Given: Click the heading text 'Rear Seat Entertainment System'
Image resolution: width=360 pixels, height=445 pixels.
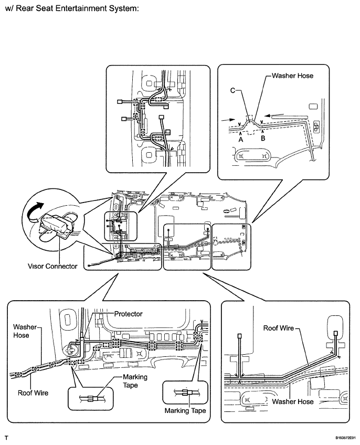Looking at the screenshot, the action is tap(78, 8).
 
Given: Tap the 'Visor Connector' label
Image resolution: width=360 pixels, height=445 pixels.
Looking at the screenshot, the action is tap(52, 266).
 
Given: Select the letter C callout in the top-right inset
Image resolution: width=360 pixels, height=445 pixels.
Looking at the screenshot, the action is tap(232, 90).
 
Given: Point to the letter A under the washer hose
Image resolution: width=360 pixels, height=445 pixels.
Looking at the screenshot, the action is tap(241, 140).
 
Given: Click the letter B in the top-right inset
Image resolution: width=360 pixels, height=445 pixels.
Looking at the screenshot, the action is tap(263, 138).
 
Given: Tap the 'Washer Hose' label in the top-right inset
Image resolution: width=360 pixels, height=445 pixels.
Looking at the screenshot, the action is tap(293, 76).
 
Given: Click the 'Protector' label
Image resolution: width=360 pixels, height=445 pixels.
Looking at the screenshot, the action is tap(129, 314).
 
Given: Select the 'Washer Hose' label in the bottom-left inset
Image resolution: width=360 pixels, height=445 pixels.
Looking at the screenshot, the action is tap(25, 331).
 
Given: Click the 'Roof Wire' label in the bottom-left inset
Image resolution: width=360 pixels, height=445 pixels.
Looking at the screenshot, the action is tap(33, 393).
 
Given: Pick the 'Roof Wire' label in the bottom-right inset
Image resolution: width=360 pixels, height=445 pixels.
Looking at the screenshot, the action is tap(279, 328).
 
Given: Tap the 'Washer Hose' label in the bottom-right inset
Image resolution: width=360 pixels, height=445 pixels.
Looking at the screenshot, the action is tap(293, 401).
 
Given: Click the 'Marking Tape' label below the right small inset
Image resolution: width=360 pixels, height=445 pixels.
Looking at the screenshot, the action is tap(185, 411).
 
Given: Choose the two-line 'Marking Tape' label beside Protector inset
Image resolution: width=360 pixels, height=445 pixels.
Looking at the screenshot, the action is tap(135, 381).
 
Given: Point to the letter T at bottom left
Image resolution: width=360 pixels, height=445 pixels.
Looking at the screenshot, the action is tap(6, 438).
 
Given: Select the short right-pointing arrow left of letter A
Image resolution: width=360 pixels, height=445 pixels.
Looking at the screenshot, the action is tap(229, 120).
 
